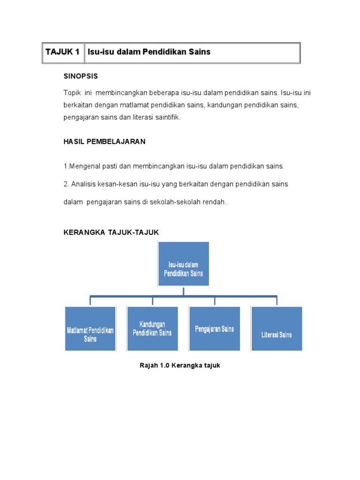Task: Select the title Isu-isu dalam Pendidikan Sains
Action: pos(150,52)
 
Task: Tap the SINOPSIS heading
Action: pos(81,75)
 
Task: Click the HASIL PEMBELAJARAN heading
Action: pos(105,142)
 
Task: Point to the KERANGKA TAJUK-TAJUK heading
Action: pos(111,232)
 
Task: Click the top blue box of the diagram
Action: pos(184,264)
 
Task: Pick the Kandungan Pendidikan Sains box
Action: pos(152,328)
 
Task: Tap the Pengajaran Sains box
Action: pos(214,329)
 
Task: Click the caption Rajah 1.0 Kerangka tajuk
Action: pos(180,365)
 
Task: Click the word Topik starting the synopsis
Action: pos(72,93)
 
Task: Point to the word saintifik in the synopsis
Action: pos(165,117)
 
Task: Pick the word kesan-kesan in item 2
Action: pos(115,184)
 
